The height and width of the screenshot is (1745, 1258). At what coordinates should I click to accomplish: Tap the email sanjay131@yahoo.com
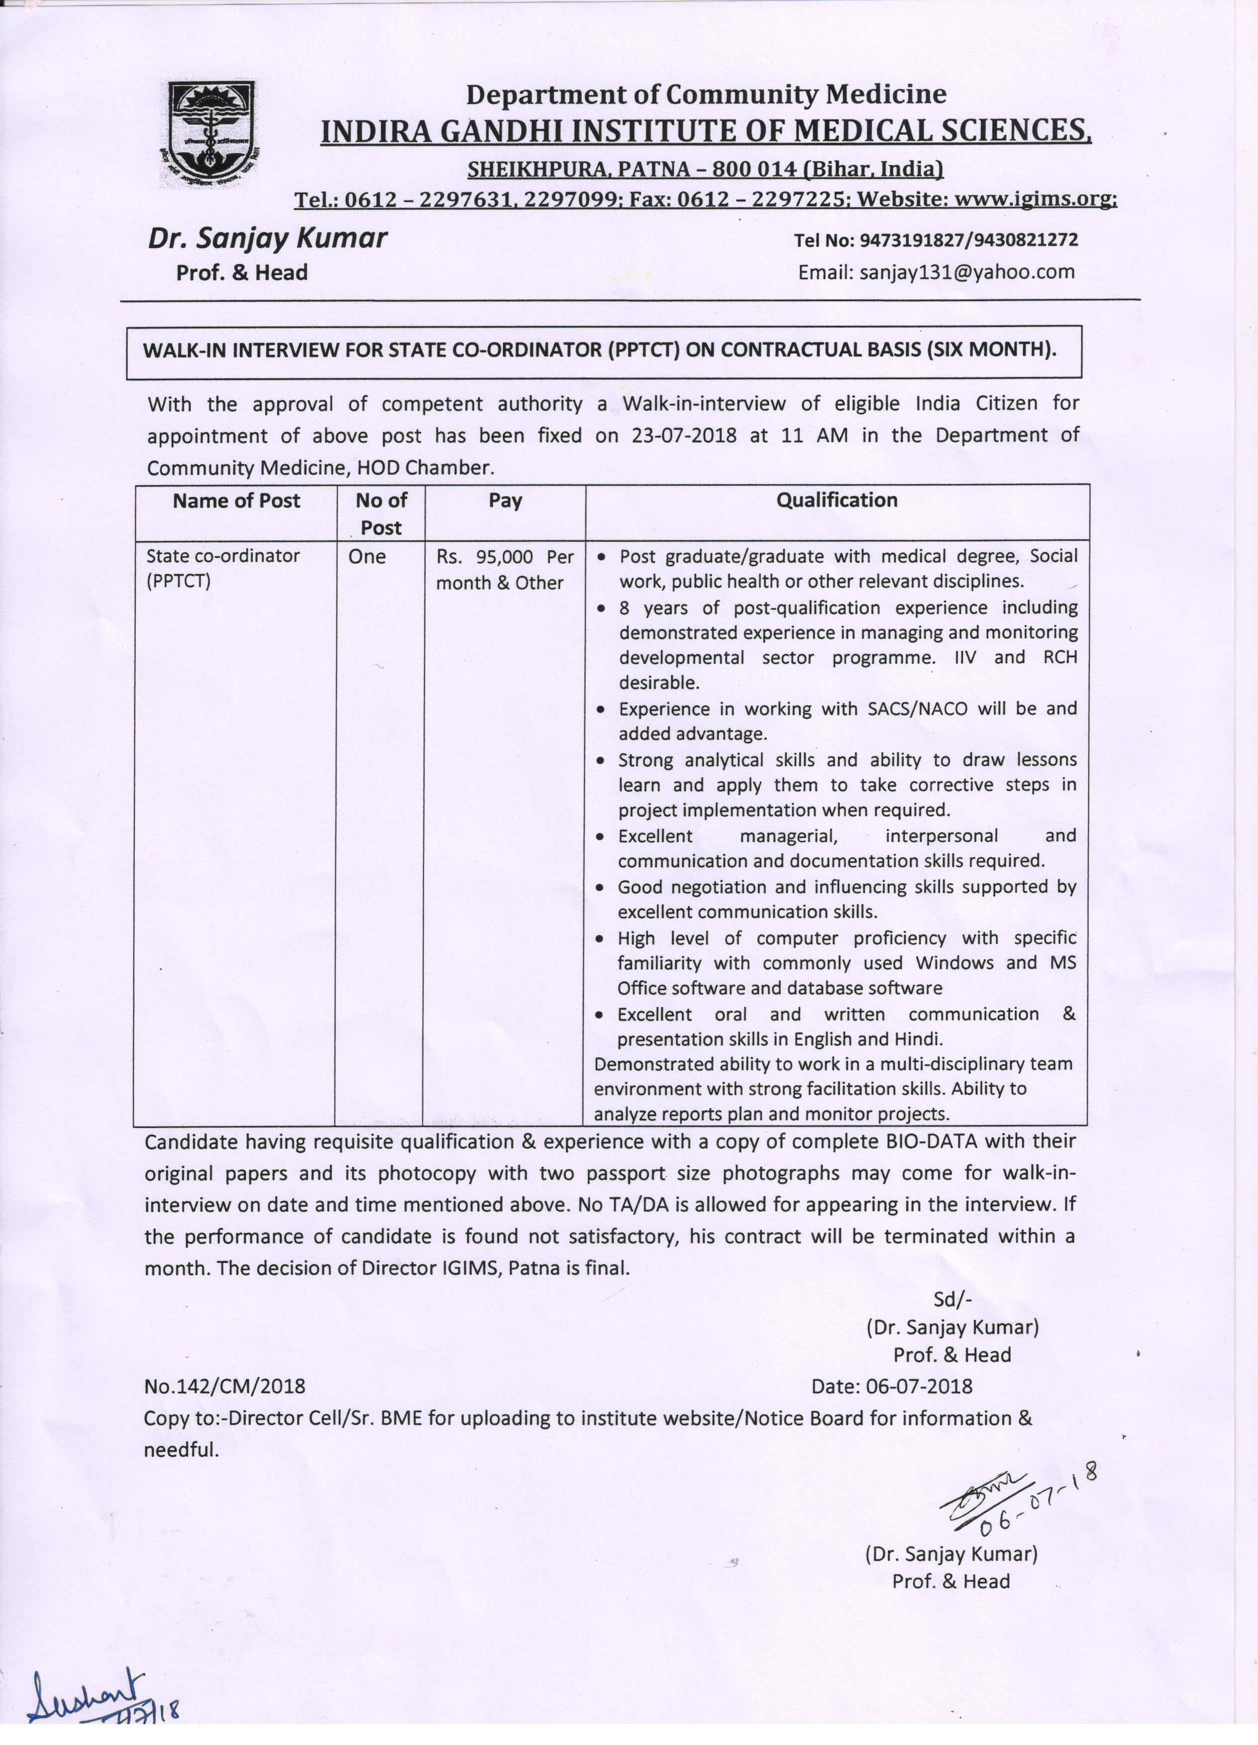click(x=967, y=272)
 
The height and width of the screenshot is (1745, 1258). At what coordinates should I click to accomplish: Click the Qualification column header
click(x=837, y=500)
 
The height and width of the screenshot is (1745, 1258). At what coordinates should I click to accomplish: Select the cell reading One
click(x=367, y=556)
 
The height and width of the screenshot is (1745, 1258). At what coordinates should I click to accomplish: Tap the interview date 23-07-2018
click(x=684, y=435)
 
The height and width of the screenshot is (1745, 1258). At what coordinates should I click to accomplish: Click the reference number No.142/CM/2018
click(x=224, y=1386)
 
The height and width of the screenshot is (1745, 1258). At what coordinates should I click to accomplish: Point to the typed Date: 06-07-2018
click(x=892, y=1386)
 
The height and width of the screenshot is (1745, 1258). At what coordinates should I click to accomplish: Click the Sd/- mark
click(x=952, y=1300)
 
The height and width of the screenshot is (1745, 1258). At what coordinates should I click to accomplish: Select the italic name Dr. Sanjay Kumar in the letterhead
click(x=268, y=238)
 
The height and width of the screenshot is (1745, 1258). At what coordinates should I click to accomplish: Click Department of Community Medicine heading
click(x=706, y=95)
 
